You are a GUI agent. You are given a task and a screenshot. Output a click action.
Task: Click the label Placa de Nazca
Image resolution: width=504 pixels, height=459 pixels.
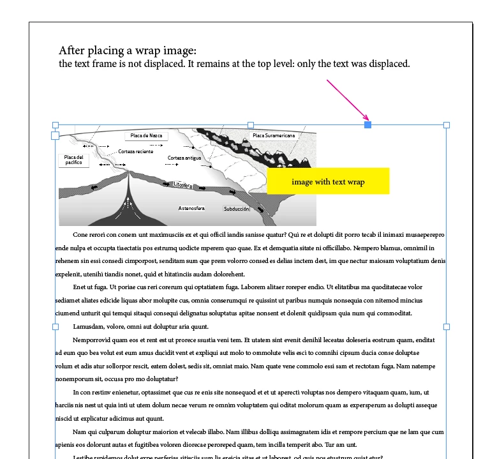coord(146,135)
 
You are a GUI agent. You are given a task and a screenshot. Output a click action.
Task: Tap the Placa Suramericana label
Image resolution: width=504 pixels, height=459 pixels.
coord(273,135)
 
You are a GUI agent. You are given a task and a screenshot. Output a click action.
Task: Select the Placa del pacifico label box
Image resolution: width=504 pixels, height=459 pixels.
coord(74,160)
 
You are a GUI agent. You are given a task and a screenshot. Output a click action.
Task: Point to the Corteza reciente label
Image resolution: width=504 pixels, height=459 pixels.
coord(135,152)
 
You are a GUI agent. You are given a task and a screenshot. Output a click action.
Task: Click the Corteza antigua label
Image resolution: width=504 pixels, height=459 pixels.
coord(184,158)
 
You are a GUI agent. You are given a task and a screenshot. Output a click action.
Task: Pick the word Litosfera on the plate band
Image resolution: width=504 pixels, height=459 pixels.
coord(182,185)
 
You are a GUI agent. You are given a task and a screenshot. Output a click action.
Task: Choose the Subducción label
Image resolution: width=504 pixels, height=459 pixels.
coord(236,209)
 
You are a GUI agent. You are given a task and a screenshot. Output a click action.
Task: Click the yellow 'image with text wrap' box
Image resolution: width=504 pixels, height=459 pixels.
coord(328,181)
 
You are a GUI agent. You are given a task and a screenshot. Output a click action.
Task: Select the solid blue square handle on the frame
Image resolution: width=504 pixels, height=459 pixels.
coord(368,124)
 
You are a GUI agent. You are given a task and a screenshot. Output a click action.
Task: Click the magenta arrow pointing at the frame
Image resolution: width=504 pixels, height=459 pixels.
coord(348,100)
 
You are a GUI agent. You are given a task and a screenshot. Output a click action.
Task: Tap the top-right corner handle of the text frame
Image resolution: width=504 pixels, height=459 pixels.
coord(447,124)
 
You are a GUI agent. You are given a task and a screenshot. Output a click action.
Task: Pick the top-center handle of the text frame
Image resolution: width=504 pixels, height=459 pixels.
coord(250,124)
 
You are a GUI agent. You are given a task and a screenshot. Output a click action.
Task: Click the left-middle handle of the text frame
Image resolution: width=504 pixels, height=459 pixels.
coord(55,326)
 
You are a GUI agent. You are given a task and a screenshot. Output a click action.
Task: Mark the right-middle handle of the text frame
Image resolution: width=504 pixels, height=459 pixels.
coord(447,326)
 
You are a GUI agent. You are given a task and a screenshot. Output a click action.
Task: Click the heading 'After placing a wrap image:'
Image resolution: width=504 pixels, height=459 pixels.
coord(128,50)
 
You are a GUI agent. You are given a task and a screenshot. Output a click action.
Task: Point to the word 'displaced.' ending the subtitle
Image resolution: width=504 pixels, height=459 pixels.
coord(388,64)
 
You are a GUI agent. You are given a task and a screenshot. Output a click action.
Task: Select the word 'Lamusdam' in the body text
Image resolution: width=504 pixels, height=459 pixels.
coord(89,326)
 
